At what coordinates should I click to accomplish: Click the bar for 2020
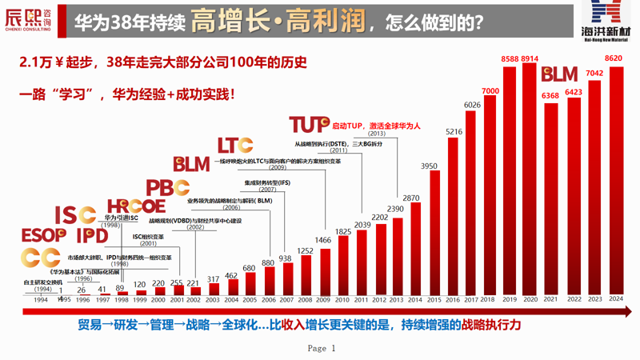(x=529, y=180)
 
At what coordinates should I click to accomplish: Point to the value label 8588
(x=510, y=59)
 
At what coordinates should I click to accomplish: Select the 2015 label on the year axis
(x=433, y=300)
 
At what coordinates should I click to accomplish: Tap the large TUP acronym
(x=309, y=124)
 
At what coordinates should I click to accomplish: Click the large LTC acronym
(x=235, y=145)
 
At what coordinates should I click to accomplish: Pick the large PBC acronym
(x=168, y=188)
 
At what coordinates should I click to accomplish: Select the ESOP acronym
(x=43, y=235)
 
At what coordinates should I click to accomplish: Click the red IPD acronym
(x=92, y=235)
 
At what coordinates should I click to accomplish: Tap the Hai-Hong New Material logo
(x=606, y=21)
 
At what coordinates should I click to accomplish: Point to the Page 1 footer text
(x=322, y=349)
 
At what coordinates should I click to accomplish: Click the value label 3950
(x=430, y=166)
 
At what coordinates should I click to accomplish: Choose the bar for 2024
(x=615, y=181)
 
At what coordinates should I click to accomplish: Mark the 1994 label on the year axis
(x=42, y=300)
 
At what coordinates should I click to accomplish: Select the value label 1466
(x=323, y=241)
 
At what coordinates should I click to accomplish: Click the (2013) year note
(x=377, y=134)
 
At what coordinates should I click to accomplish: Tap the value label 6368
(x=550, y=96)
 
